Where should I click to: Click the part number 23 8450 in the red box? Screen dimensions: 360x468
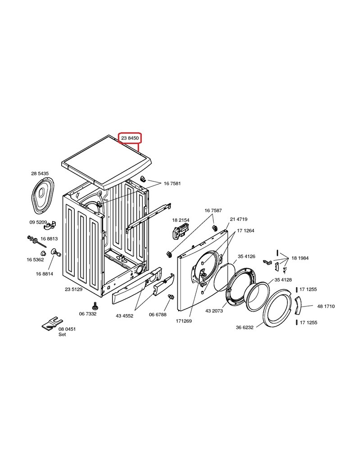pos(130,138)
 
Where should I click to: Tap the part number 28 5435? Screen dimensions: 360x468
pos(40,173)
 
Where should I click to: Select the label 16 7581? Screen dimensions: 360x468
pos(172,184)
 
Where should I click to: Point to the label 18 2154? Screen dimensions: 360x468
pos(180,220)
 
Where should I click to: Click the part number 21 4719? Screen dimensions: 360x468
pos(238,219)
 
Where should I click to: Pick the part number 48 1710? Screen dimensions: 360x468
pos(326,306)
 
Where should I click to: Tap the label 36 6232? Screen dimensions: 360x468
pos(244,328)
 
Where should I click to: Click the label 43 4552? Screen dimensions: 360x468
pos(125,316)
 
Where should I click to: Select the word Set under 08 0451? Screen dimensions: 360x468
pos(62,335)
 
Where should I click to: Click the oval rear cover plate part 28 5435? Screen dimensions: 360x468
pos(42,195)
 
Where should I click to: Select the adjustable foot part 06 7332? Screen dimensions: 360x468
pos(95,306)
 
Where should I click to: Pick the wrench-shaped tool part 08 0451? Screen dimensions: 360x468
pos(52,324)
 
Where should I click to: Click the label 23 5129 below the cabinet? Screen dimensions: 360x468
pos(74,289)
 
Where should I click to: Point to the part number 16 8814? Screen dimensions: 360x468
pos(45,274)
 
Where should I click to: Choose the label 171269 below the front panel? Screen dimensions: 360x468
pos(184,321)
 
